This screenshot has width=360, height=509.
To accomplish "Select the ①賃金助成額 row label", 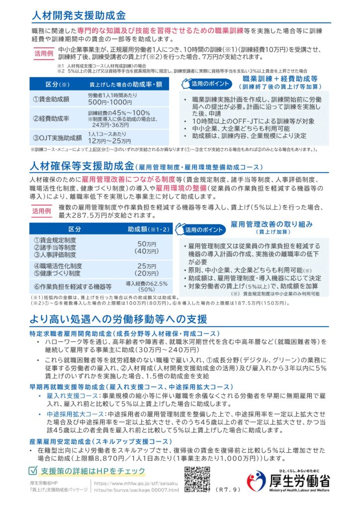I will [x=50, y=99].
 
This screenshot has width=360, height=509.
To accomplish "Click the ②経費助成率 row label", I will [x=50, y=118].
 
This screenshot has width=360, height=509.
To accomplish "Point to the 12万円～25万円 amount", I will [x=110, y=141].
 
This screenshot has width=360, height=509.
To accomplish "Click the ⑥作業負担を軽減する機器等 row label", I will [x=72, y=286].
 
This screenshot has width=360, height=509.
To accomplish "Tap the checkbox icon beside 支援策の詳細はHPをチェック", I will [x=34, y=470].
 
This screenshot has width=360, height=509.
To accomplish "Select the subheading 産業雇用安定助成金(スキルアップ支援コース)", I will [x=100, y=441].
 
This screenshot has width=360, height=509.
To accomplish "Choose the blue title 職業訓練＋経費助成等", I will [x=273, y=79].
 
